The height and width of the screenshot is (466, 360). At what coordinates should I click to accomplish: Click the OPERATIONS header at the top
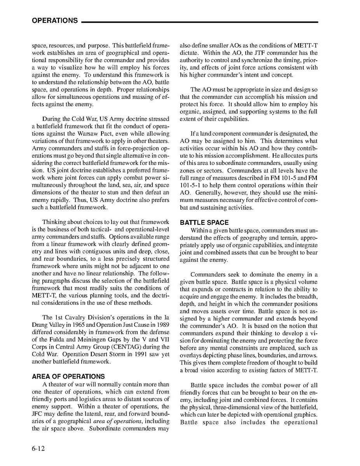click(x=54, y=21)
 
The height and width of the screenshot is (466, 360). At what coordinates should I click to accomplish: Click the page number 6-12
click(x=38, y=448)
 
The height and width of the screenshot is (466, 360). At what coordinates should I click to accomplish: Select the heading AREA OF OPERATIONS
click(x=68, y=377)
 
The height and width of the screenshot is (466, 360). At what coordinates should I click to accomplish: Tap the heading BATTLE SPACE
click(x=204, y=222)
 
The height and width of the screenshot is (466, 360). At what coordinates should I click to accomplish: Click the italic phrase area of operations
click(x=116, y=421)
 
